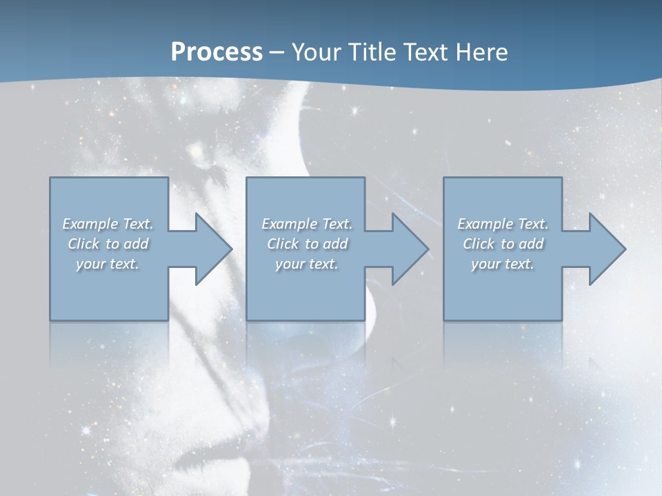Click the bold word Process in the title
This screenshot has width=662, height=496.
coord(217,52)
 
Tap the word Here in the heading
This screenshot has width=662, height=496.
coord(482,52)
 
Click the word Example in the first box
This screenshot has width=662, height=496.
coord(90,224)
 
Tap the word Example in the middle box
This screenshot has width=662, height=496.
coord(289,224)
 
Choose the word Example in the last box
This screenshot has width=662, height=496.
coord(485,224)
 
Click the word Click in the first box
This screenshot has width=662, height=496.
coord(83,244)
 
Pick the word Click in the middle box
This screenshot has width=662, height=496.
coord(283,244)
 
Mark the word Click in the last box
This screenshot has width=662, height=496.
coord(479,244)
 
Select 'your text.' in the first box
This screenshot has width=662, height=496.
coord(108,264)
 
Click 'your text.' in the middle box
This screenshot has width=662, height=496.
coord(307,264)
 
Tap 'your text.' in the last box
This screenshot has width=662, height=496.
coord(503,264)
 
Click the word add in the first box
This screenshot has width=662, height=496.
coord(136,244)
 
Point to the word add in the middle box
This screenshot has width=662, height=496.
coord(335,244)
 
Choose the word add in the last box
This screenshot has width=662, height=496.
coord(531,244)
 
